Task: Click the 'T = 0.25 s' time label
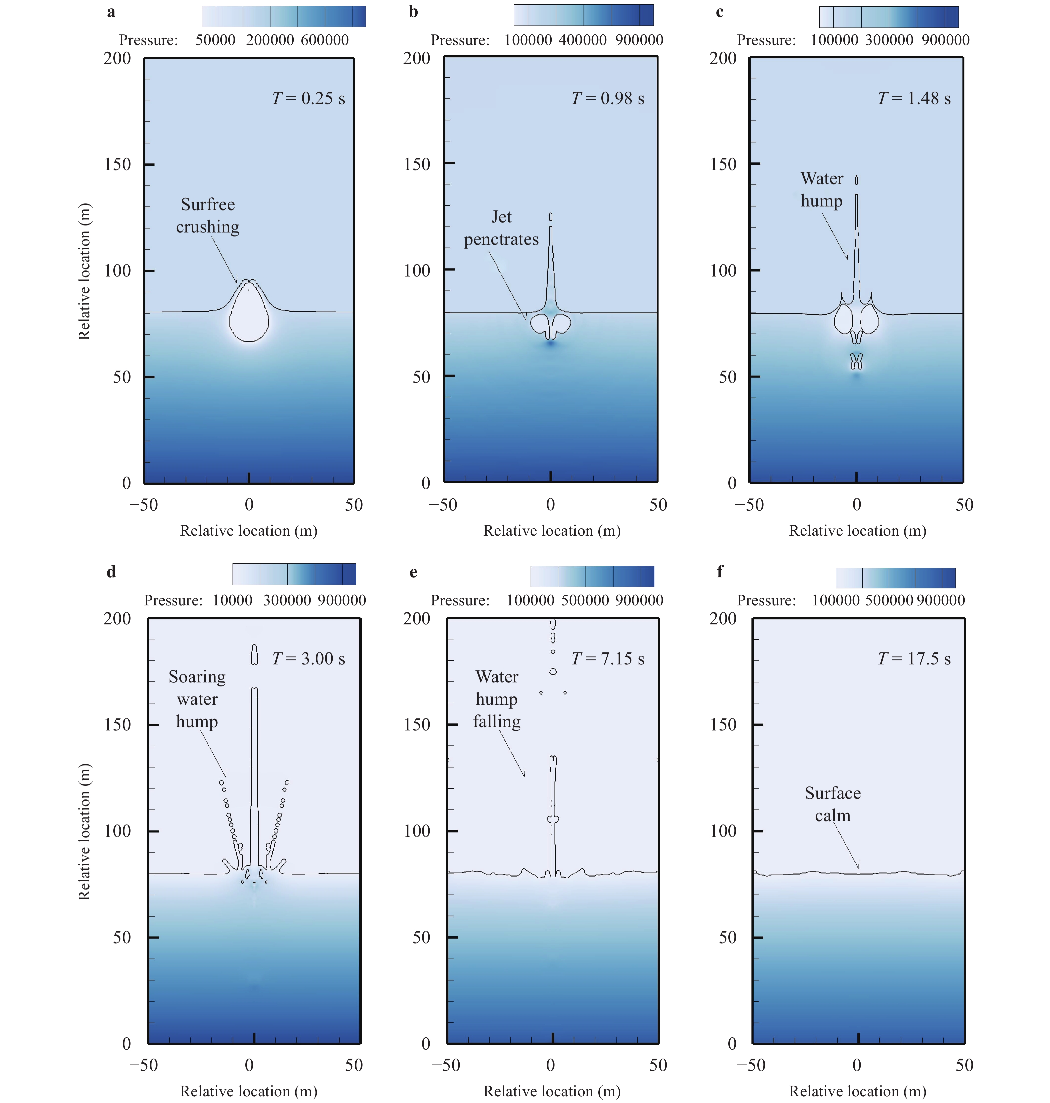click(x=308, y=98)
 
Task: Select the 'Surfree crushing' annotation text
click(x=208, y=215)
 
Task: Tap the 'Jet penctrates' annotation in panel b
click(x=501, y=228)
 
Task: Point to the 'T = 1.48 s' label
click(x=914, y=98)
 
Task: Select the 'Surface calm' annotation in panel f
click(x=832, y=804)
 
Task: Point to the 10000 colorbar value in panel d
click(x=232, y=601)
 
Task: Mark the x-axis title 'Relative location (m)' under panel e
click(x=552, y=1091)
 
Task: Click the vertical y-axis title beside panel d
click(x=84, y=832)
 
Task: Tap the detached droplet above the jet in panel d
click(x=255, y=654)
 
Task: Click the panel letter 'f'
click(x=720, y=572)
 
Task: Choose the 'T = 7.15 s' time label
click(x=608, y=659)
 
